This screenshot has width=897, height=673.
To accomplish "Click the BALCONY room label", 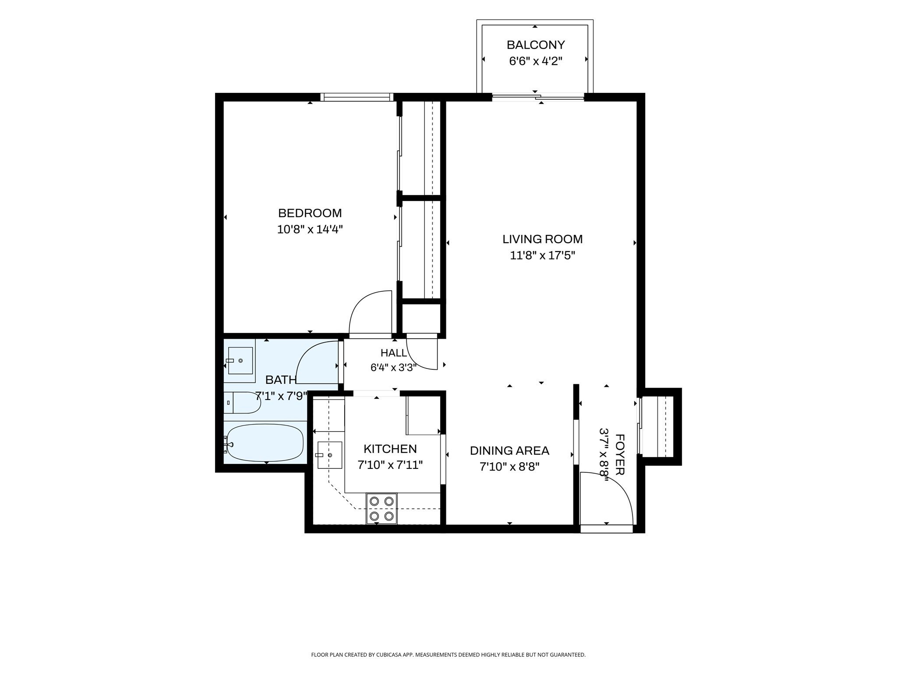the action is pyautogui.click(x=536, y=45).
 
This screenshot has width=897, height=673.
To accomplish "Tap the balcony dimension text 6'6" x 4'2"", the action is pyautogui.click(x=535, y=61).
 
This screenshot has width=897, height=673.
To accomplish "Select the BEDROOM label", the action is pyautogui.click(x=310, y=213).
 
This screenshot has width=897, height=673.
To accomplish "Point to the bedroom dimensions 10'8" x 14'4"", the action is pyautogui.click(x=310, y=229).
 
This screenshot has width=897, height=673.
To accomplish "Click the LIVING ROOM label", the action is pyautogui.click(x=542, y=239).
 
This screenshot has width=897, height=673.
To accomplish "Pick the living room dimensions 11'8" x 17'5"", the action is pyautogui.click(x=542, y=255).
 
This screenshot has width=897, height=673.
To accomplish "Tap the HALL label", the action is pyautogui.click(x=393, y=353).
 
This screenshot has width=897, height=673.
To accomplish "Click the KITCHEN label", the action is pyautogui.click(x=390, y=449).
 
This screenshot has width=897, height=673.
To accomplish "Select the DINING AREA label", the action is pyautogui.click(x=509, y=450).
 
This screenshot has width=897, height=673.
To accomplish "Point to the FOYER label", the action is pyautogui.click(x=620, y=454).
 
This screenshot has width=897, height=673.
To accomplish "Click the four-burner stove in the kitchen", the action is pyautogui.click(x=381, y=508).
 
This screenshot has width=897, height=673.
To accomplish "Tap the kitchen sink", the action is pyautogui.click(x=329, y=455).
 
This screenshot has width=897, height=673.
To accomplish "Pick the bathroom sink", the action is pyautogui.click(x=240, y=360).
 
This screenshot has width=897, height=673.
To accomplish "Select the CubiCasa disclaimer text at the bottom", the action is pyautogui.click(x=448, y=655).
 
